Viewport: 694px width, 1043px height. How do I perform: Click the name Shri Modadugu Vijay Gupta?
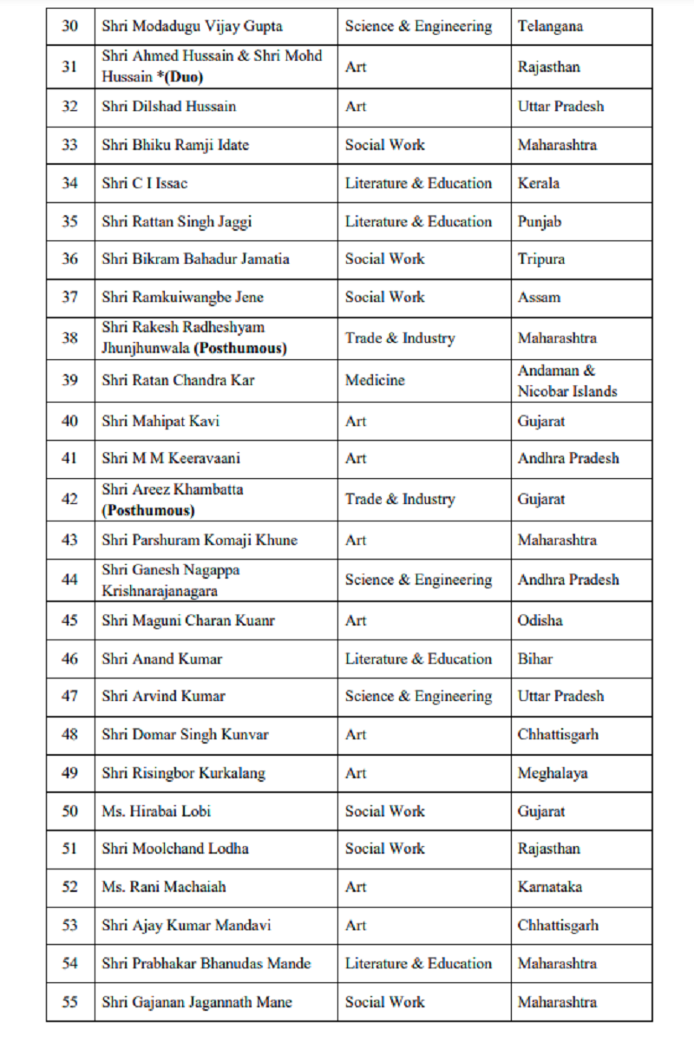click(192, 26)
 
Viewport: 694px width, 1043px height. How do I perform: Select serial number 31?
click(69, 67)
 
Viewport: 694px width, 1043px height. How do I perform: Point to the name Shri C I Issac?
click(144, 183)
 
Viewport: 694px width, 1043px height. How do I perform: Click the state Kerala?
click(539, 183)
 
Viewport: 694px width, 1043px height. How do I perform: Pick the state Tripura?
click(541, 259)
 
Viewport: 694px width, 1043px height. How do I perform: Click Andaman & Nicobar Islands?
click(567, 381)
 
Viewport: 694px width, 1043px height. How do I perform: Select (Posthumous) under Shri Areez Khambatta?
click(148, 510)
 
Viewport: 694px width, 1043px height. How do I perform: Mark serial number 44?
click(69, 580)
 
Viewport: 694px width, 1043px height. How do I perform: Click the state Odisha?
click(540, 620)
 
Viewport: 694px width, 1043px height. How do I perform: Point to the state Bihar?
click(535, 659)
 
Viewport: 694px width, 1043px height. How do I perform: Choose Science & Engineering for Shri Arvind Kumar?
click(418, 696)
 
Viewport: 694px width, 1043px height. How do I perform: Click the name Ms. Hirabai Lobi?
click(156, 810)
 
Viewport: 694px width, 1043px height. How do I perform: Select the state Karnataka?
click(550, 887)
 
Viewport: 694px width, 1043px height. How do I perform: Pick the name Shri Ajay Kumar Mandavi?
click(186, 925)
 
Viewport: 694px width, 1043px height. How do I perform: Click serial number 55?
click(69, 1002)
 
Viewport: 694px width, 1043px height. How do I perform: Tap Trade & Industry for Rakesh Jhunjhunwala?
click(399, 338)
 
